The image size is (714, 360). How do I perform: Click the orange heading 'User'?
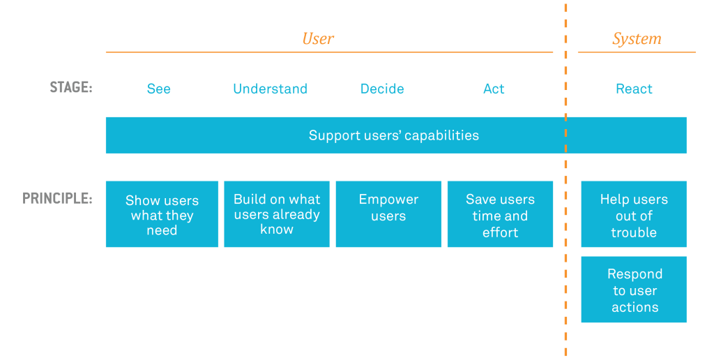(318, 38)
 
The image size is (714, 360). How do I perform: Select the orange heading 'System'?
(636, 38)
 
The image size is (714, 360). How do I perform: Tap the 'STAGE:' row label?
(71, 88)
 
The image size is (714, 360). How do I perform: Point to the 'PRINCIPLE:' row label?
(57, 198)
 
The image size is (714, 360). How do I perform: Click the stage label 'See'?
(158, 89)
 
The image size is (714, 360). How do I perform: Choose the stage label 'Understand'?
(270, 89)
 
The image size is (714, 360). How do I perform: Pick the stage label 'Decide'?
(382, 89)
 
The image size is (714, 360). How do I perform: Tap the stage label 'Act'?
(494, 89)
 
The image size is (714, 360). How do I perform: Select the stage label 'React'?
(634, 89)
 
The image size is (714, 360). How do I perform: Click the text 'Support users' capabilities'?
(393, 135)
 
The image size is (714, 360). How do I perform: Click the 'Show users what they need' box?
(162, 214)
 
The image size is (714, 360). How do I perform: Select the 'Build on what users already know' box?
(277, 214)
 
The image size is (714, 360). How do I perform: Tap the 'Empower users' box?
(388, 214)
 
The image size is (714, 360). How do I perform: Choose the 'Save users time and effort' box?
(500, 214)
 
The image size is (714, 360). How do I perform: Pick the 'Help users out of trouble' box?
(634, 214)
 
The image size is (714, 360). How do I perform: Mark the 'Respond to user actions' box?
(634, 290)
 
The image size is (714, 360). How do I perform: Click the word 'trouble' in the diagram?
(634, 232)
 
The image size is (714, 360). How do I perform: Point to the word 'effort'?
(500, 232)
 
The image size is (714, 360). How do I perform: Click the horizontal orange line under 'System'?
(636, 52)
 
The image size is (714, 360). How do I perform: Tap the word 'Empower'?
(388, 200)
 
